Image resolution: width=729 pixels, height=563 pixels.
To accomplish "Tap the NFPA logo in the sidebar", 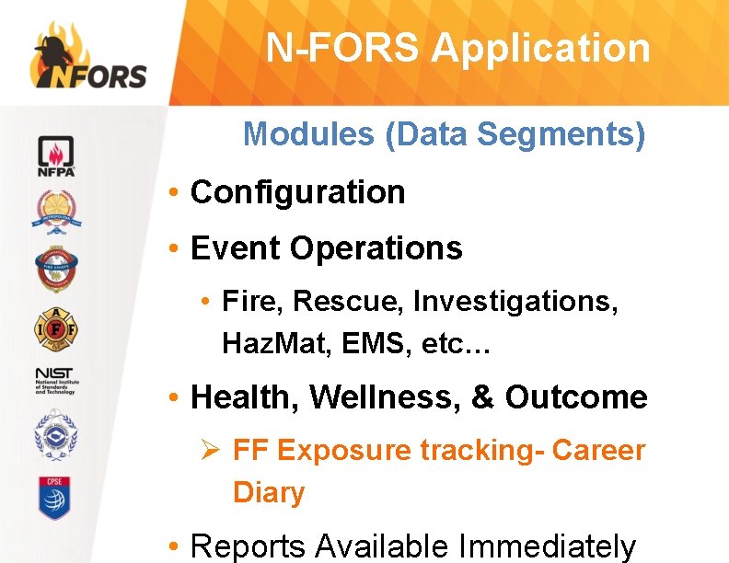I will [x=56, y=155].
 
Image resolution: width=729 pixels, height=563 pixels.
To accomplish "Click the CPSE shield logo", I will [x=56, y=498].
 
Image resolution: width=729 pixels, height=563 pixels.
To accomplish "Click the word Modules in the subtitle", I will [x=309, y=134].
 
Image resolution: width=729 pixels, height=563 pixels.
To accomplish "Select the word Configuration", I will [x=297, y=192].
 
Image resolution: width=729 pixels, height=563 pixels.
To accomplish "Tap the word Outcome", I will [x=576, y=397].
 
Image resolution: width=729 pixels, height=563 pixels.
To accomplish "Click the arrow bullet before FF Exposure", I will [x=211, y=451].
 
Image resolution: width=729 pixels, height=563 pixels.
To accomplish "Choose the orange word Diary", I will [x=269, y=492].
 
